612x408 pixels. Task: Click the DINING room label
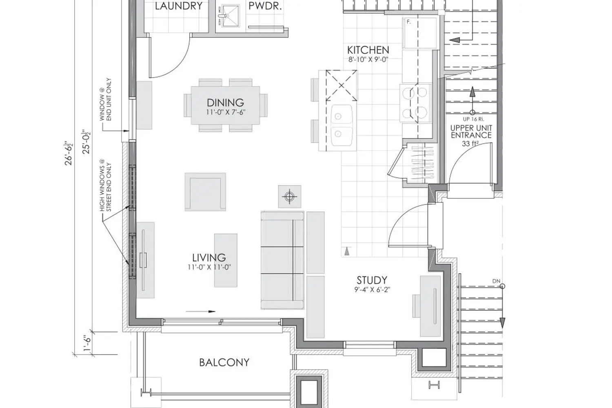pyautogui.click(x=225, y=103)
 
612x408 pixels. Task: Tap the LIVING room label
pyautogui.click(x=209, y=258)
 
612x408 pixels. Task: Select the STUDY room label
pyautogui.click(x=372, y=280)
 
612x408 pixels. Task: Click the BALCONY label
pyautogui.click(x=224, y=363)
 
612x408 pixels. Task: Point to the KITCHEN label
pyautogui.click(x=368, y=50)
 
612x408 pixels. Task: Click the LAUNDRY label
pyautogui.click(x=179, y=6)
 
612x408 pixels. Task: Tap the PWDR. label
pyautogui.click(x=265, y=6)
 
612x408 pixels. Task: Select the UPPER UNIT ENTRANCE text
pyautogui.click(x=471, y=131)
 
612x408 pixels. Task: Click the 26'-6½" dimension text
pyautogui.click(x=69, y=153)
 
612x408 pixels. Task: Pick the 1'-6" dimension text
pyautogui.click(x=87, y=343)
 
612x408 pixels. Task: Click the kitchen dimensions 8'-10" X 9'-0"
pyautogui.click(x=368, y=60)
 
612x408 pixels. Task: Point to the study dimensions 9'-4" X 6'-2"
pyautogui.click(x=372, y=290)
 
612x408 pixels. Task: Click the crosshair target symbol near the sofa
pyautogui.click(x=290, y=197)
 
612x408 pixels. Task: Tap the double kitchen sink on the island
pyautogui.click(x=341, y=125)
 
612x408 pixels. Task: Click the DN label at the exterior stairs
pyautogui.click(x=496, y=281)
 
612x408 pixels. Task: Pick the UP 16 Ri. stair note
pyautogui.click(x=473, y=119)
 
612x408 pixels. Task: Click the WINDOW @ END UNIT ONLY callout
pyautogui.click(x=105, y=100)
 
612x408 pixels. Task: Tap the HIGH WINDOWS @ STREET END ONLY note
pyautogui.click(x=105, y=187)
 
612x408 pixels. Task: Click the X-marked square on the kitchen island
pyautogui.click(x=341, y=86)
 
